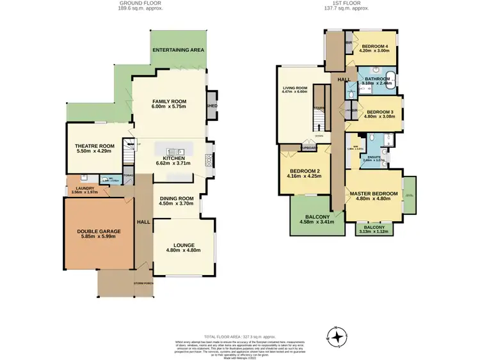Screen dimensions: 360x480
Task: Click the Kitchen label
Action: click(x=173, y=158)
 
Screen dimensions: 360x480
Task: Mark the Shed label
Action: click(x=211, y=106)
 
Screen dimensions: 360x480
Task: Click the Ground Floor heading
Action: click(x=141, y=3)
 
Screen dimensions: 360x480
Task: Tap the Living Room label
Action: click(x=295, y=88)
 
